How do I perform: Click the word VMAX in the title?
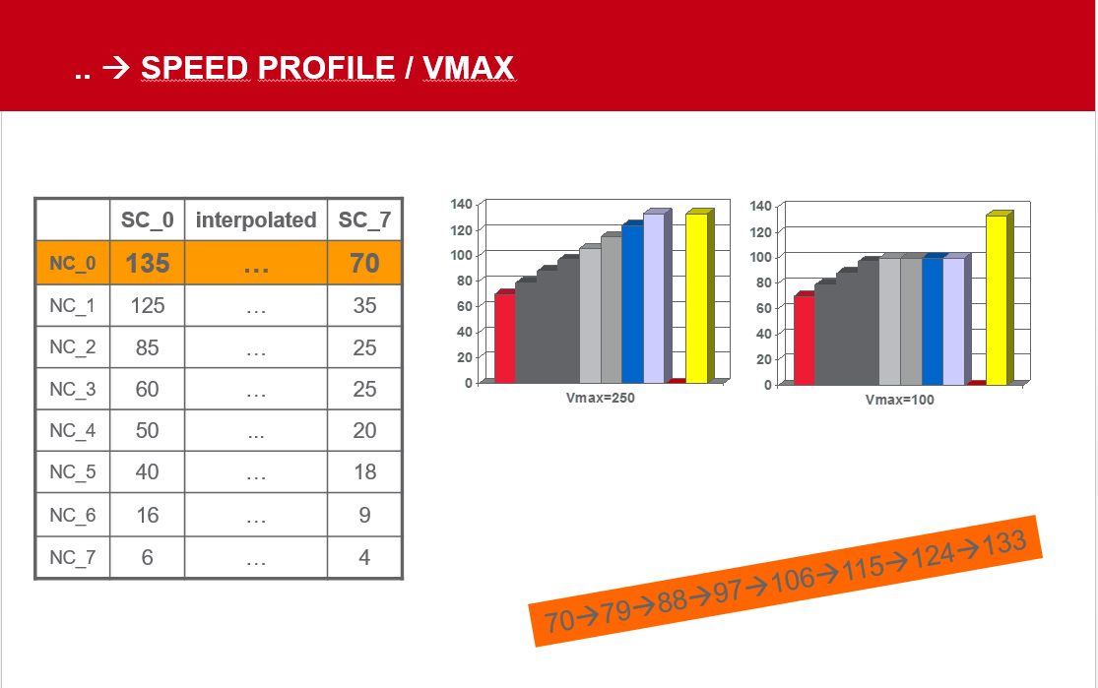(x=469, y=68)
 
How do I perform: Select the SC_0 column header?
(x=147, y=219)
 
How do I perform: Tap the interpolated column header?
(x=256, y=219)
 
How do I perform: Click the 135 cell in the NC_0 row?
(x=147, y=263)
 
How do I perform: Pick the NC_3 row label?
(x=72, y=389)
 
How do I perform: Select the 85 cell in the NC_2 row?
(x=147, y=347)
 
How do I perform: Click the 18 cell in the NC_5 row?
(x=364, y=471)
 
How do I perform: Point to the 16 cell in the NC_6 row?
(x=147, y=515)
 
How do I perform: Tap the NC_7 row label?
(x=72, y=558)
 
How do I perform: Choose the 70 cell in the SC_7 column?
(x=364, y=263)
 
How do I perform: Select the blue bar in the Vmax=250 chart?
(x=632, y=302)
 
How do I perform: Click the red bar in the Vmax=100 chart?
(x=804, y=339)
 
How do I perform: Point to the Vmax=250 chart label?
(x=600, y=398)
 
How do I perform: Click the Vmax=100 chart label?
(x=899, y=400)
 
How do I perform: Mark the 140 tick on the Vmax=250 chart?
(x=462, y=204)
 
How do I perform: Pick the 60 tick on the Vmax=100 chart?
(x=763, y=308)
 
